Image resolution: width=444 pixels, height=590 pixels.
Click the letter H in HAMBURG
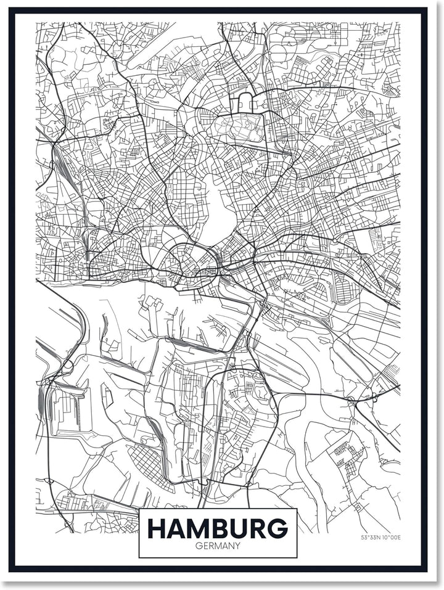click(x=157, y=528)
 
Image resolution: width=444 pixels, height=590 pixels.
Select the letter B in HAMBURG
click(x=223, y=528)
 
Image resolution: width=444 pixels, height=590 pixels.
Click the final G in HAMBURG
click(x=278, y=528)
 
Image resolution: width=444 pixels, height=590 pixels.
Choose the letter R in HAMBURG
click(x=260, y=528)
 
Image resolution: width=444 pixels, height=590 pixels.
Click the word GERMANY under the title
click(x=218, y=546)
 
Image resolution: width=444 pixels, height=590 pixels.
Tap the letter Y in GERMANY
click(x=237, y=546)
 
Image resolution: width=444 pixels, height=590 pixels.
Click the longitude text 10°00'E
click(x=392, y=538)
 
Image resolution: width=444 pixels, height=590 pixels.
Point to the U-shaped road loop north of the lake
click(x=245, y=102)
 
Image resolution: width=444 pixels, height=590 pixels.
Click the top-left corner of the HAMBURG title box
click(x=139, y=509)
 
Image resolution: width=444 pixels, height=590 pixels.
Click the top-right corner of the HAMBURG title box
click(x=297, y=509)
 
